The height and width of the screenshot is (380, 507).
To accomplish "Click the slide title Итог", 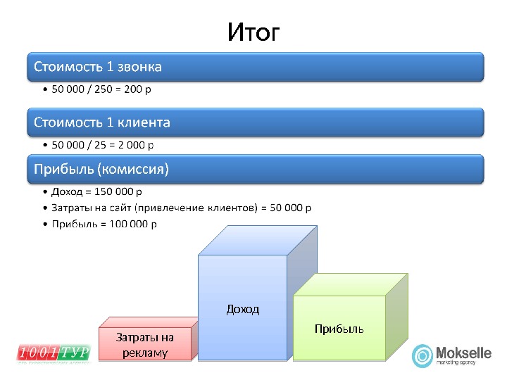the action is pos(254,32).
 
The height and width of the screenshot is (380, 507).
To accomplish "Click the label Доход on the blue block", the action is pos(242,309).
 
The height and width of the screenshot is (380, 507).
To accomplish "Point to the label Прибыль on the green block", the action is pos(339,329).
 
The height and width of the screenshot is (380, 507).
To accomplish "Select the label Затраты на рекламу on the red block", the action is pos(145,345).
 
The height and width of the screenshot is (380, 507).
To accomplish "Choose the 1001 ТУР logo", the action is pos(54,353).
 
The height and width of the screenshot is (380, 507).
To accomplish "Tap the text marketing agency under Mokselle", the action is pos(456,363).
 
